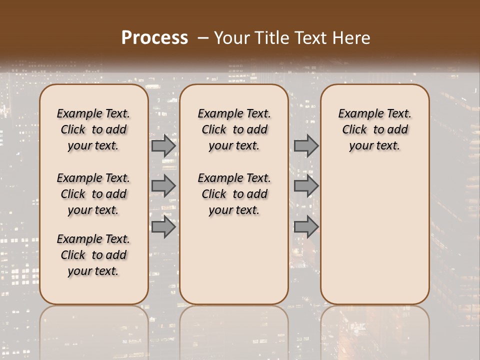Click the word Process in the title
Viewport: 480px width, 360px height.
[x=154, y=38]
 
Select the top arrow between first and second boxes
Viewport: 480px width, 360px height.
[x=163, y=146]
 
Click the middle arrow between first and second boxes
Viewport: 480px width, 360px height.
[x=163, y=186]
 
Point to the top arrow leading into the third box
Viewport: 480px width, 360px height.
[x=306, y=146]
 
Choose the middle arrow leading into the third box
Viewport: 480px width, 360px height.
[x=306, y=186]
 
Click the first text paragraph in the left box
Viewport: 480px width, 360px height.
[x=93, y=129]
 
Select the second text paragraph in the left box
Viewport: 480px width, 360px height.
[x=93, y=194]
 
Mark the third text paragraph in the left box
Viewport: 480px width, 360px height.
[x=93, y=255]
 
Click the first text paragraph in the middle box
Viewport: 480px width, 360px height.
[x=234, y=129]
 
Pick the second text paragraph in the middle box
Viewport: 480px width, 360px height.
[x=234, y=194]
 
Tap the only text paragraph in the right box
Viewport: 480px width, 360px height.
[x=374, y=129]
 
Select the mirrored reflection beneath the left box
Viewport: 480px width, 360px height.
[x=94, y=330]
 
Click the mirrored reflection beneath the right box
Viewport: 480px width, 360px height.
[x=375, y=330]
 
